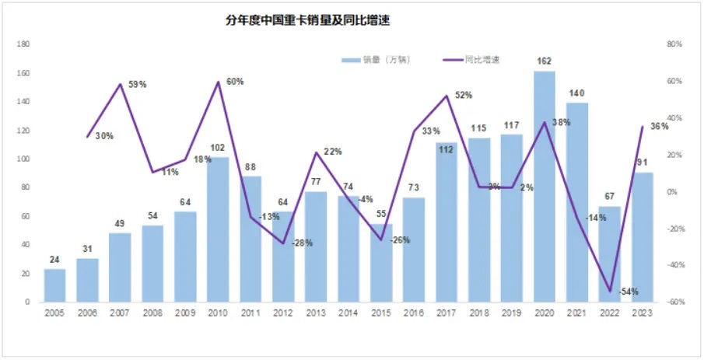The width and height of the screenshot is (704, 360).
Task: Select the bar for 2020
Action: [x=545, y=187]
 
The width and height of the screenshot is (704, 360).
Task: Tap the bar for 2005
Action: [x=54, y=285]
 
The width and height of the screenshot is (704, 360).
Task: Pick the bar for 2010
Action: [x=218, y=229]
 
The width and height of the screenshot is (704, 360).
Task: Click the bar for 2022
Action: [x=609, y=254]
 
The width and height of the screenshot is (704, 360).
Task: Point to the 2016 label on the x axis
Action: [x=414, y=313]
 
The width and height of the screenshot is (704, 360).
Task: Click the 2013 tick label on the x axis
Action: [x=316, y=313]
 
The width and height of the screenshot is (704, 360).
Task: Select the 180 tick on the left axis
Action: [x=23, y=44]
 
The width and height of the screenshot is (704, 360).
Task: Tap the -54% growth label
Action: [x=629, y=292]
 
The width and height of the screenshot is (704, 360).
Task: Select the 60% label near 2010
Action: [x=235, y=81]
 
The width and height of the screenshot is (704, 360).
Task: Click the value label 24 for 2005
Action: [x=54, y=259]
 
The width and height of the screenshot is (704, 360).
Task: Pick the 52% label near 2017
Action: [x=464, y=95]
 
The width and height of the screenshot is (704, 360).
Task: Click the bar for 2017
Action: [x=447, y=222]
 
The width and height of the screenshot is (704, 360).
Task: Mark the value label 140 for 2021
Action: [x=576, y=93]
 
